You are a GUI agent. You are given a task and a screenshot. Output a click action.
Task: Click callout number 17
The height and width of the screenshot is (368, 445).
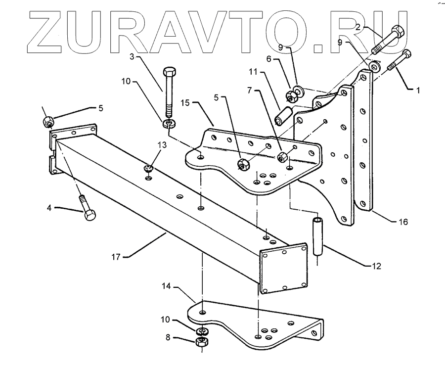(x=116, y=256)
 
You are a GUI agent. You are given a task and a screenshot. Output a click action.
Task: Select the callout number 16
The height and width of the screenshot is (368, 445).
(x=403, y=222)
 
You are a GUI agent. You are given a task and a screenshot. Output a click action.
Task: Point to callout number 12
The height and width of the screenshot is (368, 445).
(x=377, y=265)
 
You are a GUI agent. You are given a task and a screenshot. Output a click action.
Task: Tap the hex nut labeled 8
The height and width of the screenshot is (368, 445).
(x=202, y=342)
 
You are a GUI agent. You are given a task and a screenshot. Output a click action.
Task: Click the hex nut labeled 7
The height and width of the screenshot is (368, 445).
(x=283, y=157)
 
